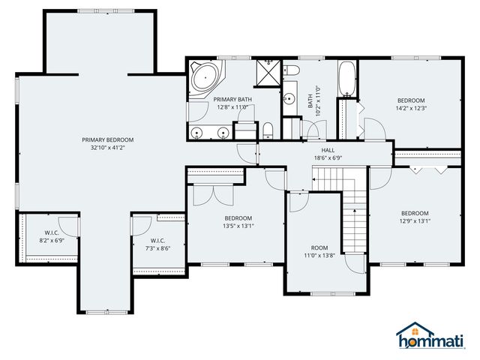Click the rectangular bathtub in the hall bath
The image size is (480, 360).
coord(347,79)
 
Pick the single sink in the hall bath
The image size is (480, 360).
coord(289,97)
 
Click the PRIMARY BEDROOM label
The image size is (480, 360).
coord(108,139)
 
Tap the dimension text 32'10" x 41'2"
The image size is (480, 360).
coord(108,148)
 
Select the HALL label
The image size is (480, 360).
coord(328,150)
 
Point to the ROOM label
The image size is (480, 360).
coord(320,247)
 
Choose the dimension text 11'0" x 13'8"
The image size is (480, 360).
coord(320,256)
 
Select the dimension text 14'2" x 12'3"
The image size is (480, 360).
coord(411,109)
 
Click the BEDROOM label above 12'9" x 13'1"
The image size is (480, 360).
coord(414,212)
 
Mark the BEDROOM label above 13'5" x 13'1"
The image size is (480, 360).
coord(237,217)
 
